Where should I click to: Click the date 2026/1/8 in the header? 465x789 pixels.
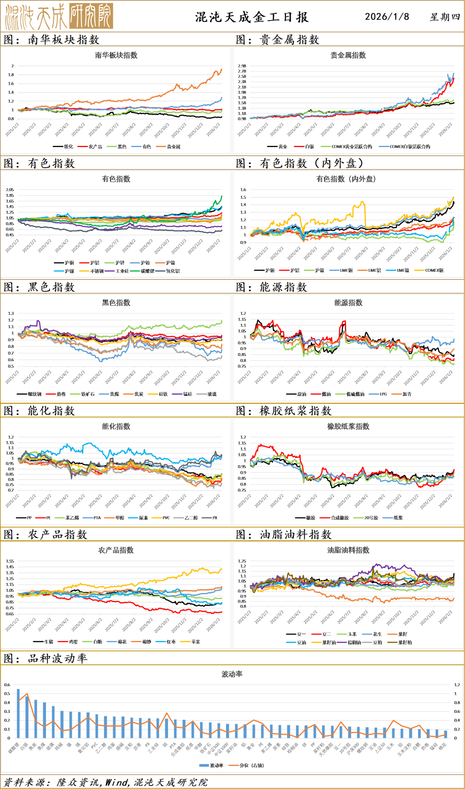coord(387,17)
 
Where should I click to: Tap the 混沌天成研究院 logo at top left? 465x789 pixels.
coord(59,16)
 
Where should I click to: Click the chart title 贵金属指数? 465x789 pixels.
coord(348,55)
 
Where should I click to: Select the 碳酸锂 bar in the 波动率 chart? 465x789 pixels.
coord(18,714)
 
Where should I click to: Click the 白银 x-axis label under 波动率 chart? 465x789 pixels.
coord(24,745)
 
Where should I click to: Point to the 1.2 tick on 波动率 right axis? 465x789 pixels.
coord(457,685)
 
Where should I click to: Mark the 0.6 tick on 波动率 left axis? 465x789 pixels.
coord(7,685)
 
